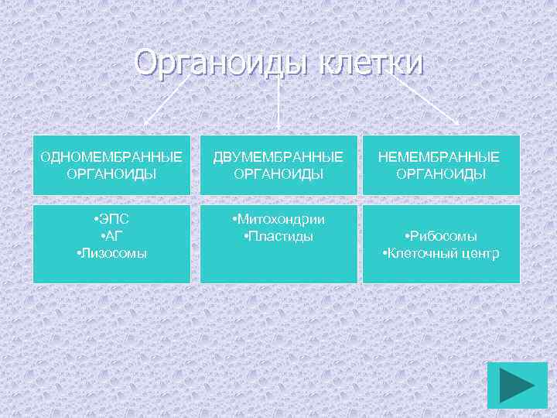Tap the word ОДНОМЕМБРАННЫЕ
point(111,158)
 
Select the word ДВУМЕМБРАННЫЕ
point(278,158)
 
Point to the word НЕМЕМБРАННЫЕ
point(439,158)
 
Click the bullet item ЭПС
point(112,220)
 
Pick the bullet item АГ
point(112,236)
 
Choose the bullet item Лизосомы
point(112,253)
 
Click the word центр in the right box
point(482,253)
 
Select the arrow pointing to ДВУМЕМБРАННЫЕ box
point(278,101)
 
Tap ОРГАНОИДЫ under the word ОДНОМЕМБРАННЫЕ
point(112,174)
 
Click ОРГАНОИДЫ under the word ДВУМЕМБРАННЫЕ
point(278,174)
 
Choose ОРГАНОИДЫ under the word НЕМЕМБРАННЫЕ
point(441,174)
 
